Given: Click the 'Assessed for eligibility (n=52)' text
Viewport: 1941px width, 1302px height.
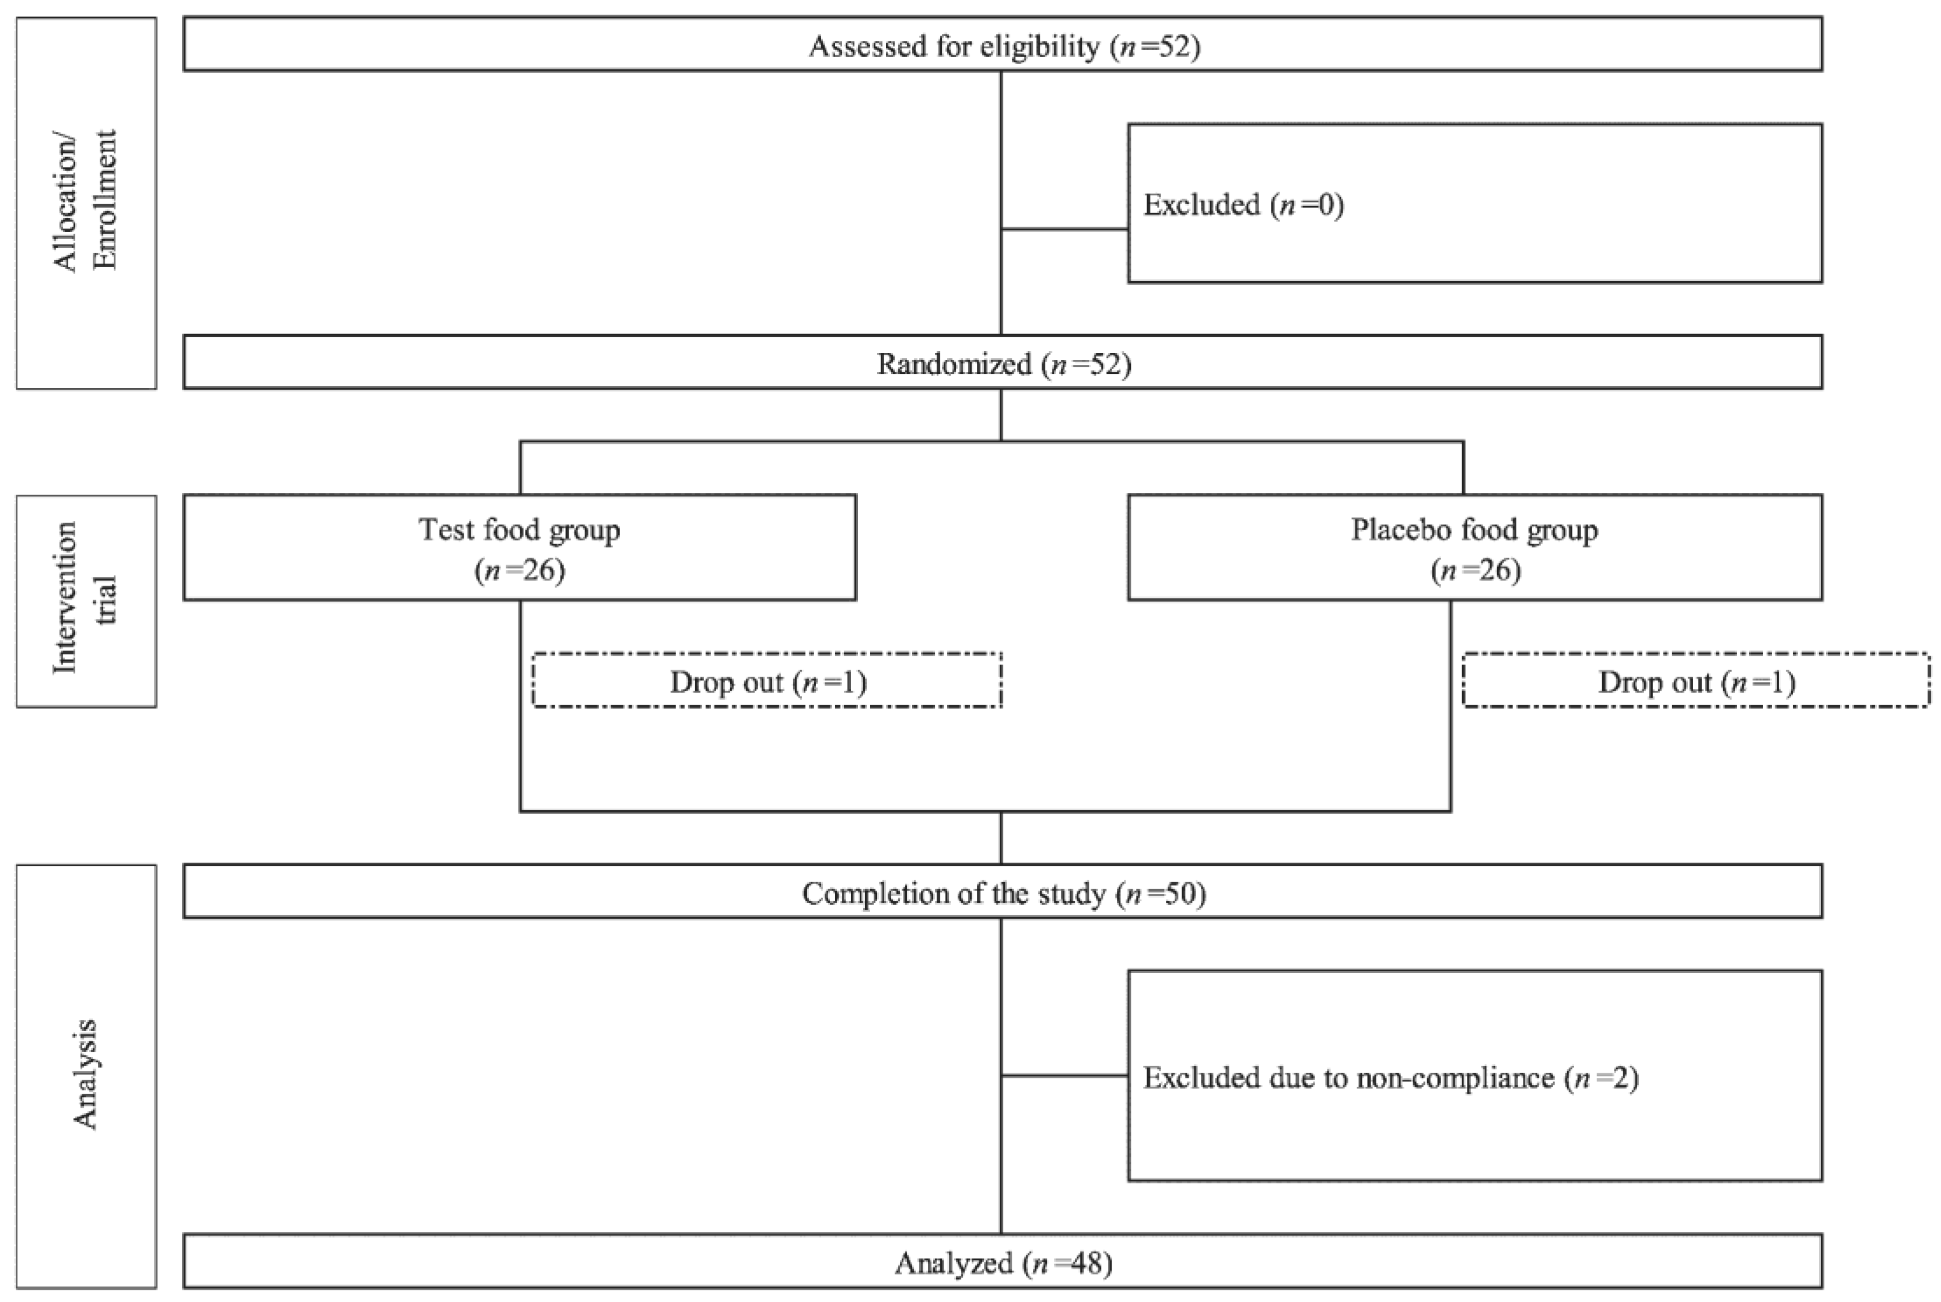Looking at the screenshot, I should click(1004, 45).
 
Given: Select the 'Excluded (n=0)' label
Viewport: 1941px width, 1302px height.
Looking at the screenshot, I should click(1243, 204).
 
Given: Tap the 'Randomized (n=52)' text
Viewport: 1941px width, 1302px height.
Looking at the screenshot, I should click(1004, 363).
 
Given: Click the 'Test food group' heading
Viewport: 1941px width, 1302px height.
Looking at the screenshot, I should click(519, 529).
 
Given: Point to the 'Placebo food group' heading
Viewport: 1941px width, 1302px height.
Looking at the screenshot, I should click(1474, 529).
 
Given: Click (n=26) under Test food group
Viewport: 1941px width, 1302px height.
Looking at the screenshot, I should click(520, 570).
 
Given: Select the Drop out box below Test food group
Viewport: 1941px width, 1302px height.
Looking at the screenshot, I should click(767, 681).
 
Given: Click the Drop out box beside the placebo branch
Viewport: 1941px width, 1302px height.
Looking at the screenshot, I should click(1695, 681).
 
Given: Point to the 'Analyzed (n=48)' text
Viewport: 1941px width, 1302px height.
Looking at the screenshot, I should click(1004, 1263).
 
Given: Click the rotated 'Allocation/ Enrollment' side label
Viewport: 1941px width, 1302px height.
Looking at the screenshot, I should click(86, 201).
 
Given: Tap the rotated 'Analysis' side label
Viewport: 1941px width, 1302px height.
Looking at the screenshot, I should click(86, 1074).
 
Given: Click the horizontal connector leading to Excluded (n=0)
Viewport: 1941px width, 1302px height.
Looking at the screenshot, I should click(1064, 229).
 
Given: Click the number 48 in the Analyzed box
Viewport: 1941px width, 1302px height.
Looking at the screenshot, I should click(1091, 1263).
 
